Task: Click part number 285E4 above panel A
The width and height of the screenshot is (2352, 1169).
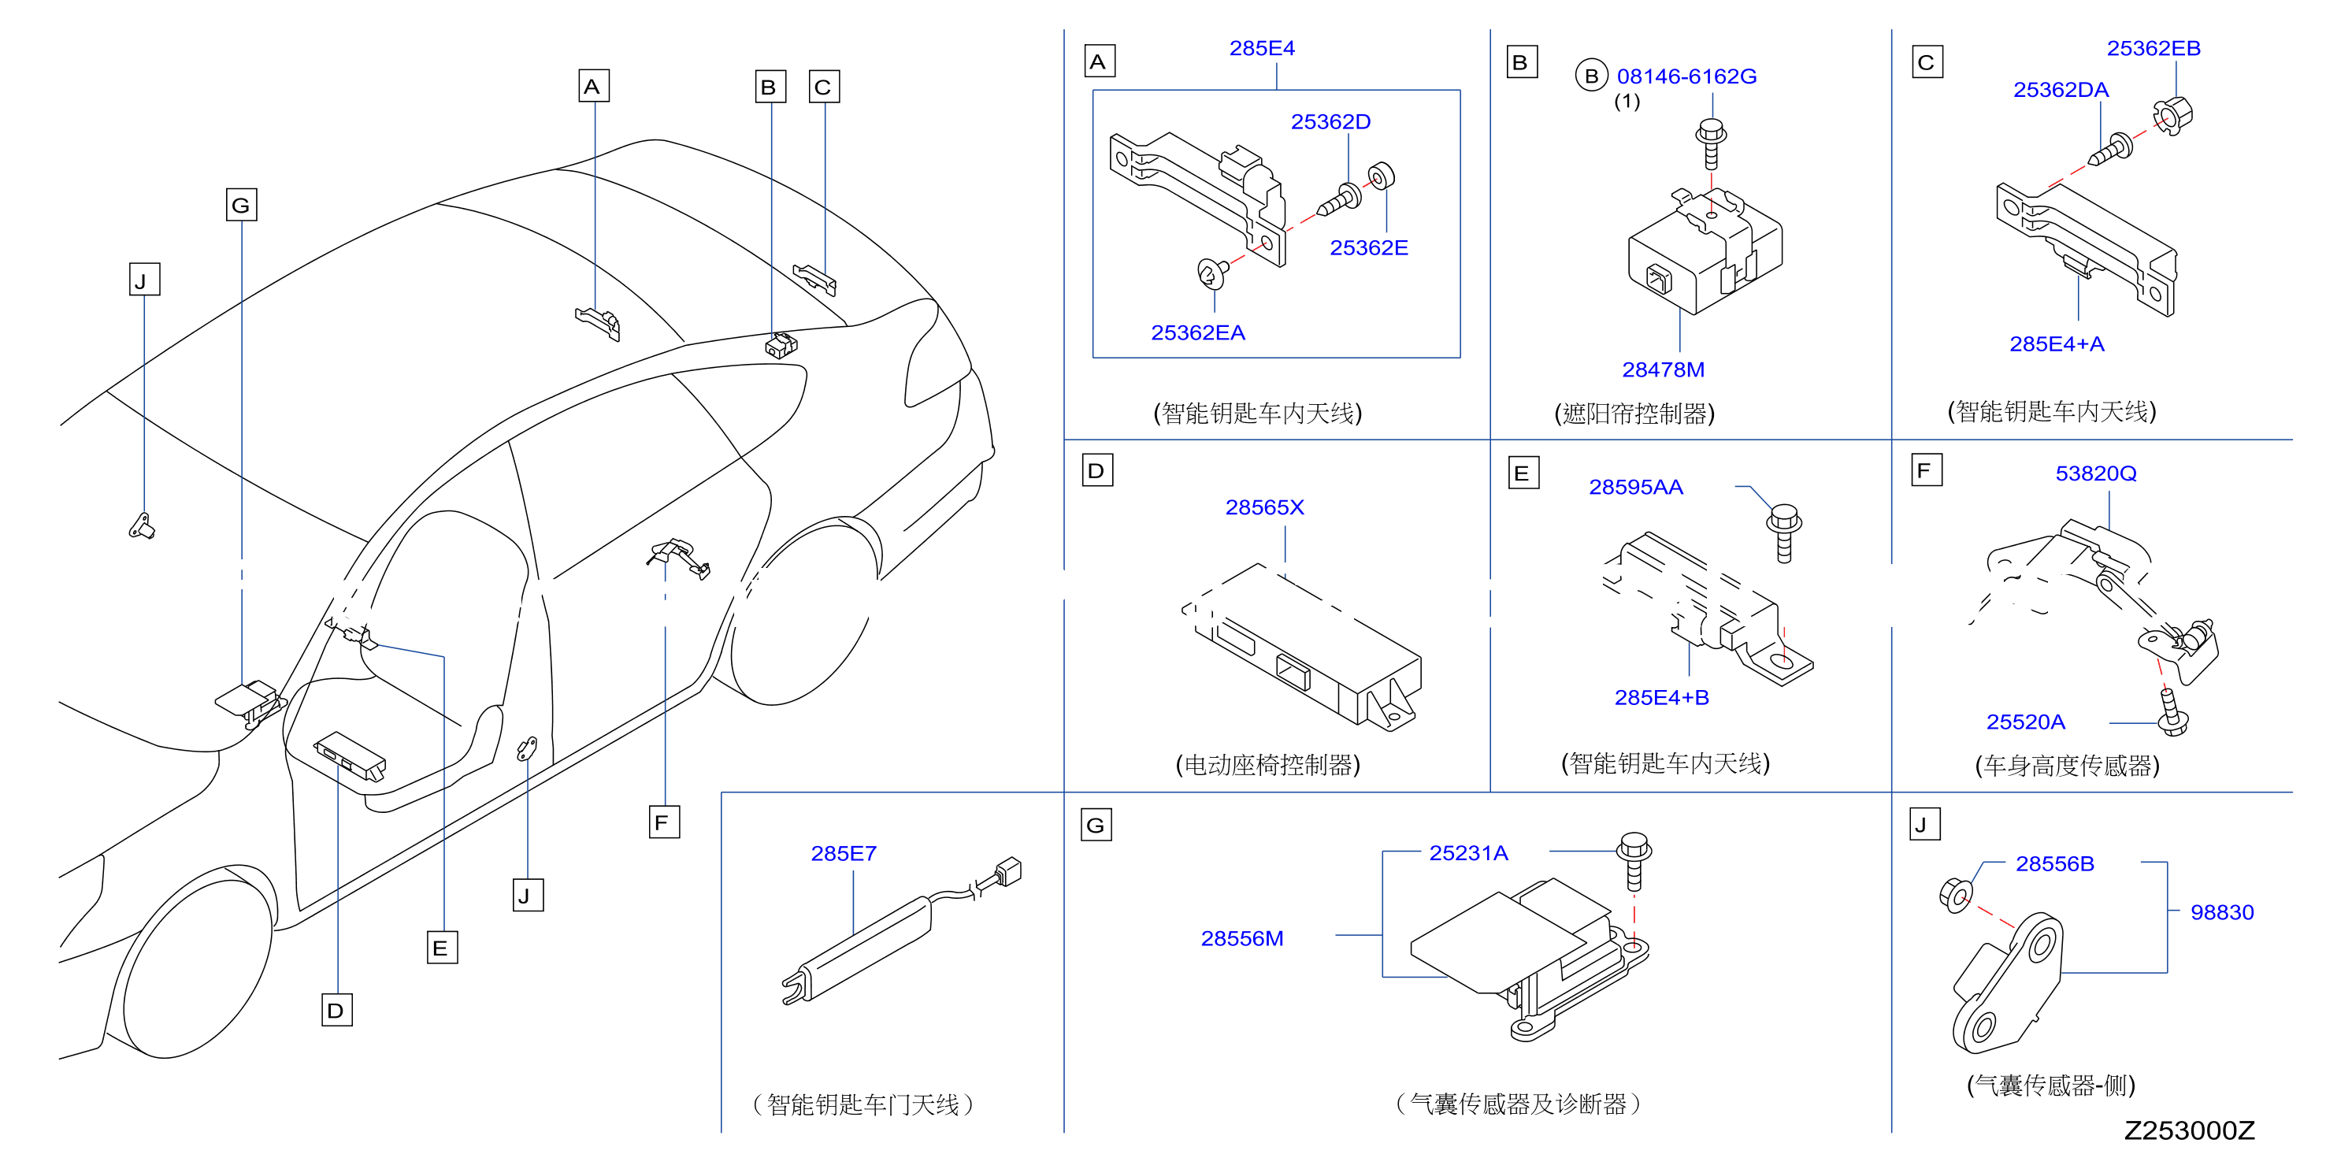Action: pyautogui.click(x=1262, y=48)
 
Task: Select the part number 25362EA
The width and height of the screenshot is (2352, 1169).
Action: pyautogui.click(x=1198, y=332)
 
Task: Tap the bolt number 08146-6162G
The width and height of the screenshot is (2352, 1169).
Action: pyautogui.click(x=1686, y=76)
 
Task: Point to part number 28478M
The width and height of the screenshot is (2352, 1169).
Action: pyautogui.click(x=1663, y=370)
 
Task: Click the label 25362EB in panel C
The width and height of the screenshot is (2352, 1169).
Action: pyautogui.click(x=2153, y=48)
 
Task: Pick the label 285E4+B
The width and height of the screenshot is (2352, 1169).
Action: pyautogui.click(x=1662, y=698)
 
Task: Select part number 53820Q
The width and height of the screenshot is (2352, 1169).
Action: pyautogui.click(x=2095, y=473)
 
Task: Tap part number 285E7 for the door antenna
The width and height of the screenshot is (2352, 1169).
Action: pyautogui.click(x=844, y=853)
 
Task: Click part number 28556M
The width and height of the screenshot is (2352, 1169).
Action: pyautogui.click(x=1241, y=938)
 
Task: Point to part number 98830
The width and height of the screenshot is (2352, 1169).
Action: pyautogui.click(x=2221, y=911)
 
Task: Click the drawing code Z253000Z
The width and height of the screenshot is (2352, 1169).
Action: pyautogui.click(x=2190, y=1130)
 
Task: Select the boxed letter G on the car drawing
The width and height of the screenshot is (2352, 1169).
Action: pyautogui.click(x=241, y=205)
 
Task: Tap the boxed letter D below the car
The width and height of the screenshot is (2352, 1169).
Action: pyautogui.click(x=337, y=1010)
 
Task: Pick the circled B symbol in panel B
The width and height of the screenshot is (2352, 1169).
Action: pyautogui.click(x=1591, y=76)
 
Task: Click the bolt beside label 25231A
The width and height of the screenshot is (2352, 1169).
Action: pyautogui.click(x=1634, y=860)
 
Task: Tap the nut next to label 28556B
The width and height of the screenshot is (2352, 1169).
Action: pyautogui.click(x=1955, y=894)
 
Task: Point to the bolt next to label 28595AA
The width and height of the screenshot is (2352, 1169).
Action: pyautogui.click(x=1783, y=533)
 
